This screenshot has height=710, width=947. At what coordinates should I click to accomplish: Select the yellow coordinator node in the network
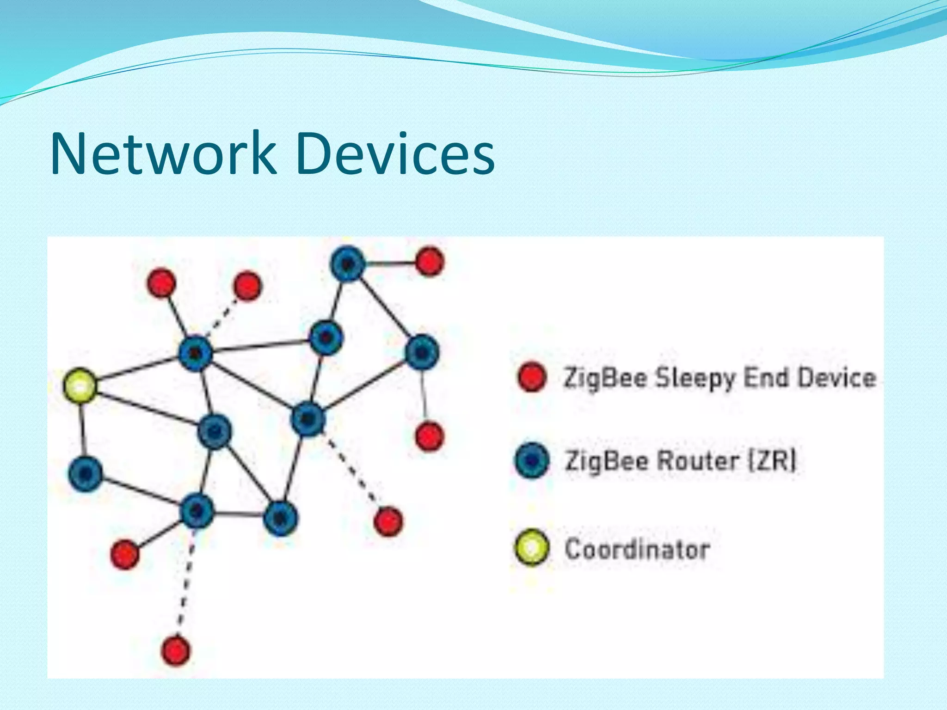click(x=80, y=385)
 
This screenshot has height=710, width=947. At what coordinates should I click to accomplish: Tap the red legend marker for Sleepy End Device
click(x=532, y=377)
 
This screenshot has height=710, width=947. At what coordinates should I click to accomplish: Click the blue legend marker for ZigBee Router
click(x=532, y=460)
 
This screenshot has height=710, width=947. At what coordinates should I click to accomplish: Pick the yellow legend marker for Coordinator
click(x=532, y=547)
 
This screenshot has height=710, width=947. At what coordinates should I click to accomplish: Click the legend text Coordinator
click(x=638, y=549)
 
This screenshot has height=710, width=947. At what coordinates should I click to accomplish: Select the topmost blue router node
click(x=348, y=263)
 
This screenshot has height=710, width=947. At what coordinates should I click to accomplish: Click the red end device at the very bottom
click(x=176, y=650)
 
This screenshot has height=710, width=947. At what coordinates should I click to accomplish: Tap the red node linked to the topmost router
click(x=430, y=262)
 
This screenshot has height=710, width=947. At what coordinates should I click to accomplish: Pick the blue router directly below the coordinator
click(x=85, y=473)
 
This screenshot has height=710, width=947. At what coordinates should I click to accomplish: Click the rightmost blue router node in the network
click(x=422, y=352)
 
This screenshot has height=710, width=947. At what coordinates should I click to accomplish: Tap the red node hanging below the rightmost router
click(x=430, y=436)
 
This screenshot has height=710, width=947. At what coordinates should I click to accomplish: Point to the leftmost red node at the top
click(x=162, y=283)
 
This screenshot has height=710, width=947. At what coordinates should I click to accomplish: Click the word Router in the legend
click(x=698, y=461)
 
